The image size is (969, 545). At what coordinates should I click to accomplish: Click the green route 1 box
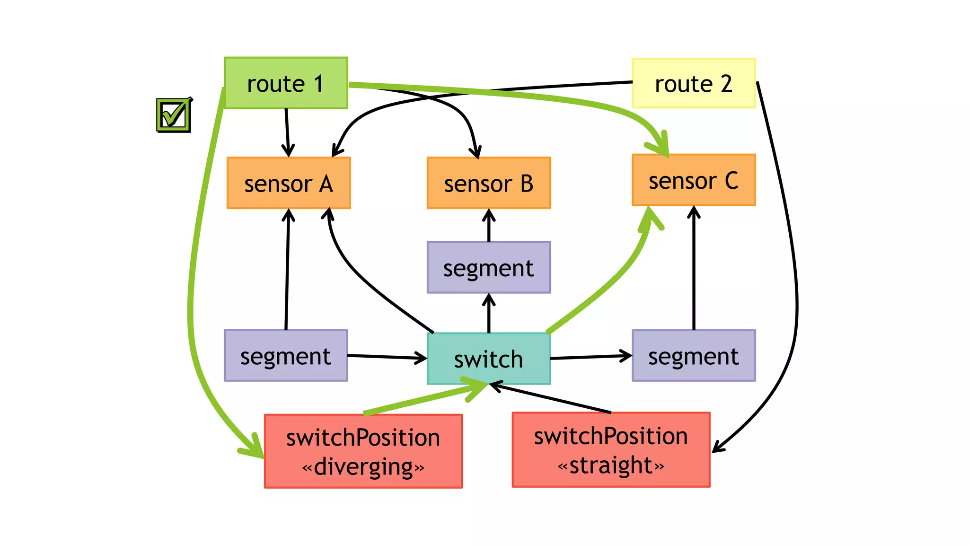(x=286, y=83)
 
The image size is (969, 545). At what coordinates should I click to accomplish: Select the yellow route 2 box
(x=694, y=83)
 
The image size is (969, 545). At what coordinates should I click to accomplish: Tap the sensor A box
(x=289, y=183)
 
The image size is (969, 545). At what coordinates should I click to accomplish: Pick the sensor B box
(x=489, y=183)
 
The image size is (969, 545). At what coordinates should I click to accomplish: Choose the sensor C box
(x=694, y=180)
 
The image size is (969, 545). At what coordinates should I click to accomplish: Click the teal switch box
(x=489, y=359)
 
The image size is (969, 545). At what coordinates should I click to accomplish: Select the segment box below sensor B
(x=489, y=268)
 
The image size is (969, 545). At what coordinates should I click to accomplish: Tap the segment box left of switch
(x=286, y=356)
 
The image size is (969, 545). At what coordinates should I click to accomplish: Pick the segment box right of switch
(x=694, y=356)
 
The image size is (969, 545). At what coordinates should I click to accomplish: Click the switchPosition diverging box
(x=363, y=451)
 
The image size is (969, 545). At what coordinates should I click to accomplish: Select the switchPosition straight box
(x=611, y=450)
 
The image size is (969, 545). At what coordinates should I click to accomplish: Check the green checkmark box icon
(x=174, y=115)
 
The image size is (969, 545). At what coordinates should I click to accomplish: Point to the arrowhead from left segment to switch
(x=422, y=358)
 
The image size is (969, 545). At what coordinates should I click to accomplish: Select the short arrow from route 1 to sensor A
(x=287, y=132)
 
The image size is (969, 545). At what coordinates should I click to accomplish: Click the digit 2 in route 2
(x=726, y=84)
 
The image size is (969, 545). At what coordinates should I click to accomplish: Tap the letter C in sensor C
(x=731, y=181)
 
